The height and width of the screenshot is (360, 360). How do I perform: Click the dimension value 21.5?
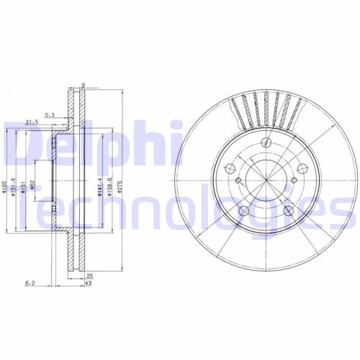(31, 122)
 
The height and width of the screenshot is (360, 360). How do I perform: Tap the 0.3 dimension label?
(50, 114)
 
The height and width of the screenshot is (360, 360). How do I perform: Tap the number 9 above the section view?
(84, 85)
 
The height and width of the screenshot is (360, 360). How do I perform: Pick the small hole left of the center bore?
(231, 171)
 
